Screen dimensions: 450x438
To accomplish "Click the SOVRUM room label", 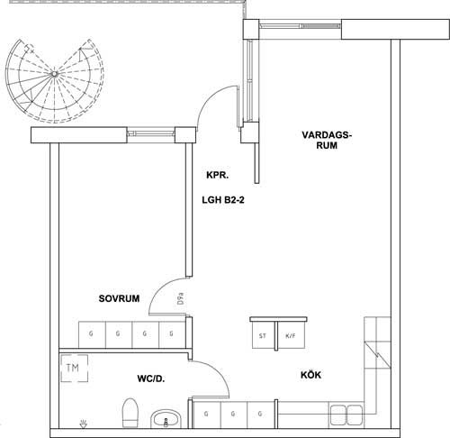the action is pos(119,298).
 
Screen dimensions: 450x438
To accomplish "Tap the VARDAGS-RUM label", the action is pos(327,140).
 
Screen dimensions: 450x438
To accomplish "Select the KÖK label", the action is pos(310,375).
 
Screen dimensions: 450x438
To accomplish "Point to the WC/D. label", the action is pos(151,379).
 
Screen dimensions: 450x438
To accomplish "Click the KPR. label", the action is pos(218,175).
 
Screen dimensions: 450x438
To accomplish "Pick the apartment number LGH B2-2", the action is pos(223,200).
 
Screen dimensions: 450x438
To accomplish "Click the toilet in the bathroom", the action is pos(130,413).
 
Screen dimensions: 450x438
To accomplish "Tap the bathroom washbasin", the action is pos(166,419).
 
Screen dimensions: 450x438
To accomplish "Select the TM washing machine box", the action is pos(75,369).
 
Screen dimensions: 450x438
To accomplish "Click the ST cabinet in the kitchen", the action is pos(263,335).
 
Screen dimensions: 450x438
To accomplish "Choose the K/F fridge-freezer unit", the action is pos(291,335).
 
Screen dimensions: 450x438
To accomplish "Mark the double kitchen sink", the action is pos(346,414).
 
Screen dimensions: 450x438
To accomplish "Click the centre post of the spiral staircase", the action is pos(54,74).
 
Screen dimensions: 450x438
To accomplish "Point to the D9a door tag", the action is pos(181,298).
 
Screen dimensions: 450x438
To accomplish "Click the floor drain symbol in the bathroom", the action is pos(84,424).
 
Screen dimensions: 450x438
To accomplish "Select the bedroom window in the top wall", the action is pos(151,133).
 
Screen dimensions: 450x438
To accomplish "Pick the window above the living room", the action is pos(300,26).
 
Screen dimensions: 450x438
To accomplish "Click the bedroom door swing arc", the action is pos(161,290).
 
